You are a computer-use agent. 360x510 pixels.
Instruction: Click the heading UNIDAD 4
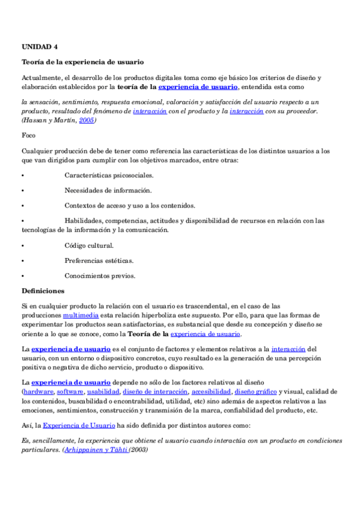[40, 46]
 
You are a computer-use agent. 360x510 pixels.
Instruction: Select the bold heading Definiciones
[47, 291]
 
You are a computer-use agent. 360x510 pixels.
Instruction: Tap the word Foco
[28, 135]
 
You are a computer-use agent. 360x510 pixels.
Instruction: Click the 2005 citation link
[87, 120]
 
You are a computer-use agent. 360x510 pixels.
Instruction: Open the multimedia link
[77, 315]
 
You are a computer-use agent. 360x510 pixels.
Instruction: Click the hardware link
[38, 392]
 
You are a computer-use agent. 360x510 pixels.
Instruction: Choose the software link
[70, 392]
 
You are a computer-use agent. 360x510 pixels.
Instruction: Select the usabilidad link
[103, 392]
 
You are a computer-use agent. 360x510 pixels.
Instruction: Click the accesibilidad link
[210, 392]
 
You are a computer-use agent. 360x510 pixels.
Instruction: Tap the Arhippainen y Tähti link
[97, 449]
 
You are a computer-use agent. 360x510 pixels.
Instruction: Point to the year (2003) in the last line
[138, 449]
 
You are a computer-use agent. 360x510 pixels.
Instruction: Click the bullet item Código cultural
[89, 245]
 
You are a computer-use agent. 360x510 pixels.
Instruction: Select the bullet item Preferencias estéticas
[99, 261]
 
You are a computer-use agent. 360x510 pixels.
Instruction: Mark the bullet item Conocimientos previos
[100, 276]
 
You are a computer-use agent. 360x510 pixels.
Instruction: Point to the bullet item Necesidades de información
[108, 190]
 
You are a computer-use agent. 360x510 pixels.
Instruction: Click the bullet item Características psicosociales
[109, 175]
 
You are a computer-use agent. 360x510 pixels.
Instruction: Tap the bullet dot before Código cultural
[22, 246]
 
